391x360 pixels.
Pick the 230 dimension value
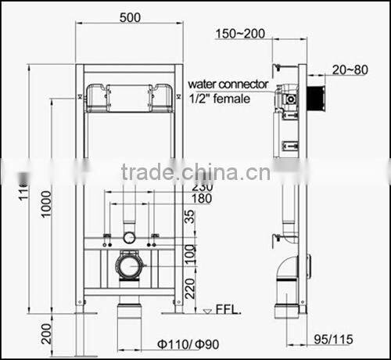tap(202, 187)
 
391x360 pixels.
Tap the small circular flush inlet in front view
tap(129, 236)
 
